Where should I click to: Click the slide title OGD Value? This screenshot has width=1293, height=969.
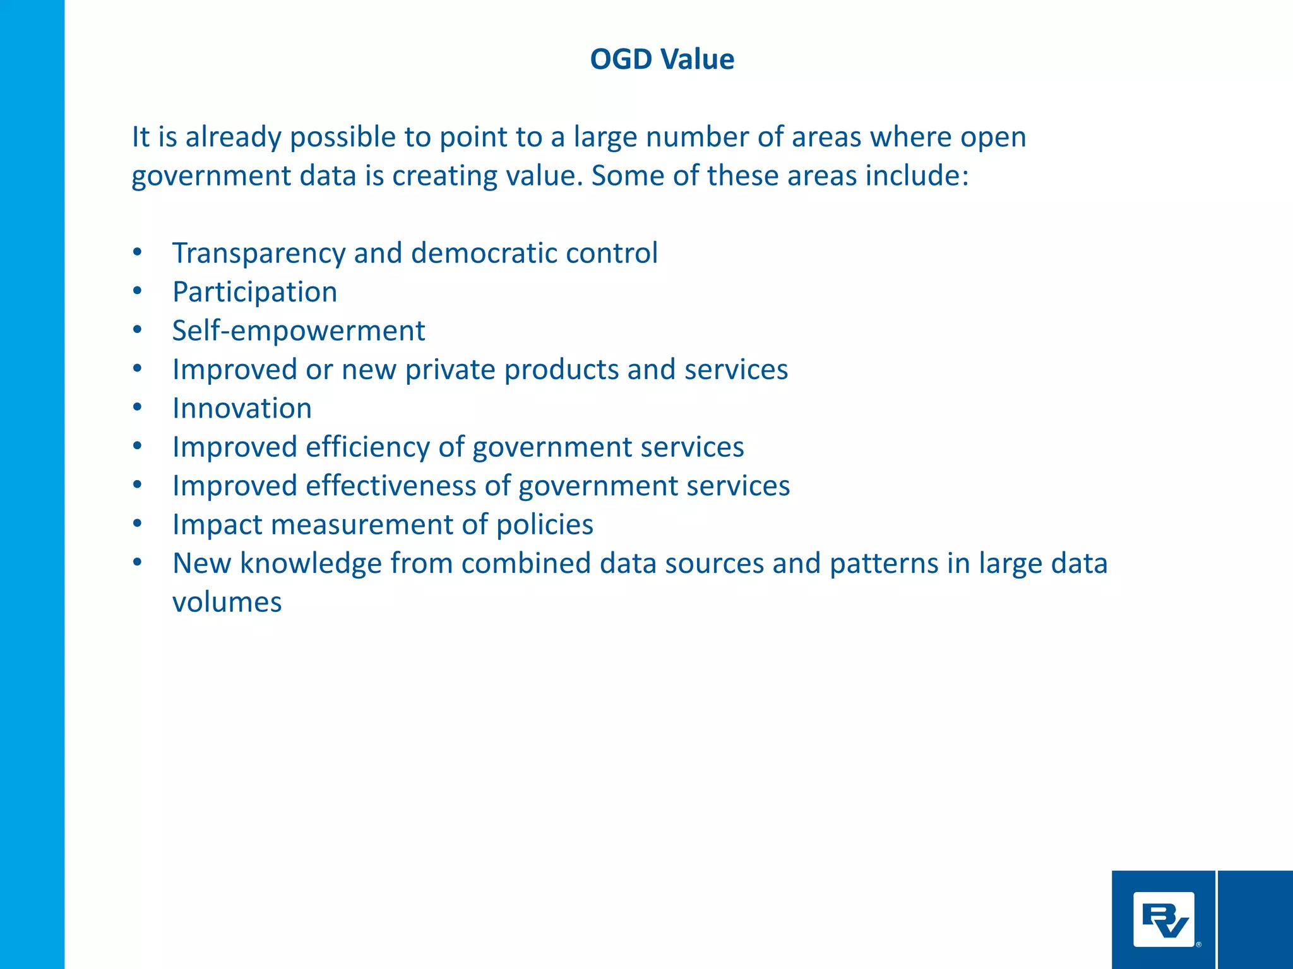point(662,59)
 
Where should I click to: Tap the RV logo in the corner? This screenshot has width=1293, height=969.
point(1164,919)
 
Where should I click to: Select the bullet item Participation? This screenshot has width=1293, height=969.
point(254,292)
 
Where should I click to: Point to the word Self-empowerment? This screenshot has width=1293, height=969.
point(299,331)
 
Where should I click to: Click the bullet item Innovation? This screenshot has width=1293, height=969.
point(242,408)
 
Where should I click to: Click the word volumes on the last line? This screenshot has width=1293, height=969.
point(227,602)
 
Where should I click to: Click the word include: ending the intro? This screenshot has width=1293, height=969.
point(916,175)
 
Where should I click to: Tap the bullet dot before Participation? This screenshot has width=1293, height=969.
point(138,291)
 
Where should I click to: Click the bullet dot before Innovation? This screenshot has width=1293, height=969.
point(138,408)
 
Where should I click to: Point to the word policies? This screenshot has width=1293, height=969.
point(544,525)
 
